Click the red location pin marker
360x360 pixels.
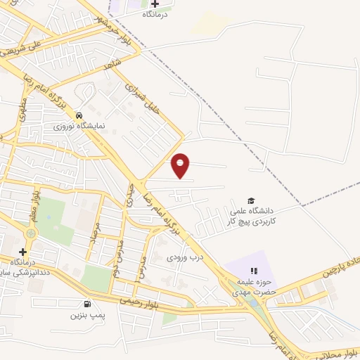pyautogui.click(x=181, y=166)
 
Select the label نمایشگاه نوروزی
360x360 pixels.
pyautogui.click(x=79, y=126)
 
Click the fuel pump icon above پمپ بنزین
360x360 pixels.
pyautogui.click(x=86, y=304)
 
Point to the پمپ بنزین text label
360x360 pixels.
pyautogui.click(x=86, y=315)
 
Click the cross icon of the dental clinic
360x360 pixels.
pyautogui.click(x=23, y=251)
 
